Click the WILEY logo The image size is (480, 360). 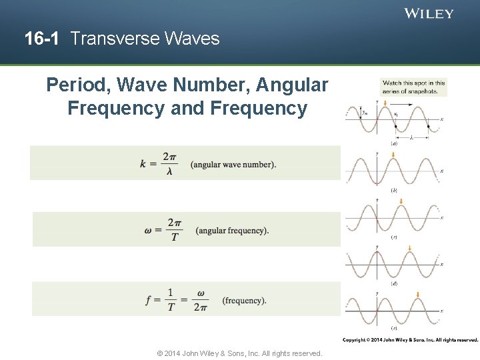coord(429,13)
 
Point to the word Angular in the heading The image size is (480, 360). coord(295,85)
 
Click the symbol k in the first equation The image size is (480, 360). coord(143,164)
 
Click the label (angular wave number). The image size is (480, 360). coord(233,165)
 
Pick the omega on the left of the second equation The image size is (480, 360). coord(148,231)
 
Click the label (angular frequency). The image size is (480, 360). coord(233,231)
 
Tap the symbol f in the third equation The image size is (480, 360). coord(149,300)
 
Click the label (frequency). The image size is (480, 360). coord(245,301)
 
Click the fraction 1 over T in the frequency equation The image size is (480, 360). coord(170,300)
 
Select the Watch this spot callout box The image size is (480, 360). coord(413,87)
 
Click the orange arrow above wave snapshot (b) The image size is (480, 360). coord(395,155)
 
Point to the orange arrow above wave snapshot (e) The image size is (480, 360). coord(417,295)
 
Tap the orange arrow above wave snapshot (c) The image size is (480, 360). coord(403,202)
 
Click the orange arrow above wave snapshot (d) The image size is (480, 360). coord(410,248)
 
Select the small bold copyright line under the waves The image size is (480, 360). coord(410,340)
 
